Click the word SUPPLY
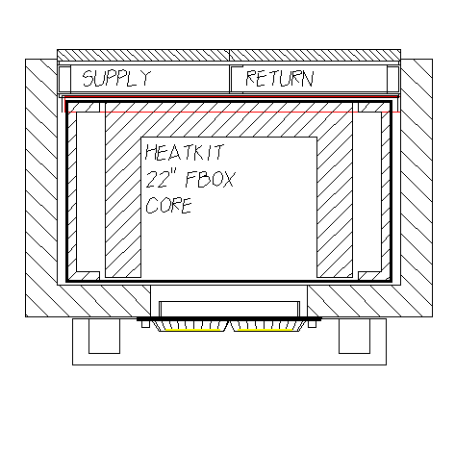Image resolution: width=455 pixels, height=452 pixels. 116,78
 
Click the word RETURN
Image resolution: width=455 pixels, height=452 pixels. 280,79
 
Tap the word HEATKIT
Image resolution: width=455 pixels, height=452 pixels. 185,152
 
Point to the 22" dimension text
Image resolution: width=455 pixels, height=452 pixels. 157,179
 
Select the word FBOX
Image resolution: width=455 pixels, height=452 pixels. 211,179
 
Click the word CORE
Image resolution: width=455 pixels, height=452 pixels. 168,205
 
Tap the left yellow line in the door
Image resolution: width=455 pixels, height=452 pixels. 192,330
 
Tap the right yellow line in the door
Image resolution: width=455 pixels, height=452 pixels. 265,330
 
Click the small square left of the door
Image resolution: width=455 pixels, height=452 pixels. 145,324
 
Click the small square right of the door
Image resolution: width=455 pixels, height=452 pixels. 312,324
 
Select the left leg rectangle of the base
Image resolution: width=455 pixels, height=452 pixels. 104,337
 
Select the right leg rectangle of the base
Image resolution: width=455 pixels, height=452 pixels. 354,337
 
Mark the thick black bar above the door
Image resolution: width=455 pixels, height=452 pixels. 229,318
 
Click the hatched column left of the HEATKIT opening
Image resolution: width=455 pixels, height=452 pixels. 123,207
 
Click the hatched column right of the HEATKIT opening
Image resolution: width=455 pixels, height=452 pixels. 335,207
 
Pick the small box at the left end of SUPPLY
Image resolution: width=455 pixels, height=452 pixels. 64,79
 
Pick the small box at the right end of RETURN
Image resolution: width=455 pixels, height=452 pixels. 393,79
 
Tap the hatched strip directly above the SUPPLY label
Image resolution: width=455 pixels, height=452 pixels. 143,55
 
